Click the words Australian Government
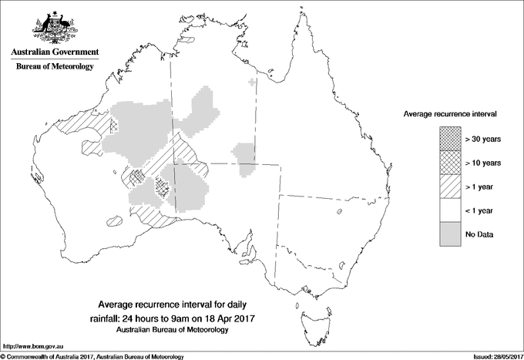tap(55, 52)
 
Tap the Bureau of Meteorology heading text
tap(55, 67)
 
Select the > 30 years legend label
tap(484, 138)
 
